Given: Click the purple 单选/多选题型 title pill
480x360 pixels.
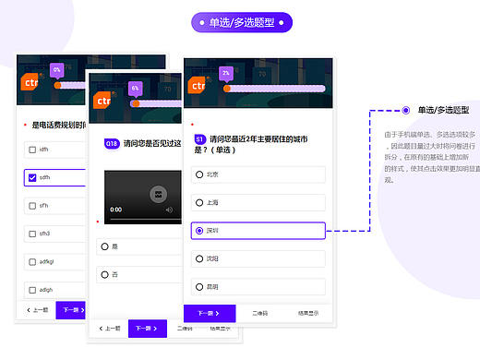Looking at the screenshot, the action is coord(241,22).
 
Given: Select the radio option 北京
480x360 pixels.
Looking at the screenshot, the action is coord(199,174).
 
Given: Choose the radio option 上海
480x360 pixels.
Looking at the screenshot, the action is coord(199,201).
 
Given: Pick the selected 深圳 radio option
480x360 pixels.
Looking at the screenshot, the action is coord(199,230).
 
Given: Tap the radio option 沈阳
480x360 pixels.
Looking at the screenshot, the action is coord(199,258).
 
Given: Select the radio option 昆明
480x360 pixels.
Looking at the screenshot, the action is coord(199,286).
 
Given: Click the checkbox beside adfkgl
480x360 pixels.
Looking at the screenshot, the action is coord(32,261).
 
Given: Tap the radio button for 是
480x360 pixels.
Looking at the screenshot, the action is coord(103,246).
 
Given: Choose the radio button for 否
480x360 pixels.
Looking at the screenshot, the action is coord(103,274).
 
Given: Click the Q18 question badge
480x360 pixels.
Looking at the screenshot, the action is coord(111,144).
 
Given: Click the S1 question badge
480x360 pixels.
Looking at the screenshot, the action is coord(200,138).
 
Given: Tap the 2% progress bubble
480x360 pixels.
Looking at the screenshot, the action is coord(225,72).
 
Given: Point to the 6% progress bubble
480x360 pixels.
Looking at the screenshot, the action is coord(135,88).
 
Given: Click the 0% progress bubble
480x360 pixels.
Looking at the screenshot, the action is coord(57,69).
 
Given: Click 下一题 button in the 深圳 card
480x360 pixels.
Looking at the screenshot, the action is coord(210,313).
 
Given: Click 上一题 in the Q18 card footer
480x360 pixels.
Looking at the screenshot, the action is coord(109,328).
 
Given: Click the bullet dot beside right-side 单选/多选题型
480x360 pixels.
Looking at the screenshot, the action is coord(405,109).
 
